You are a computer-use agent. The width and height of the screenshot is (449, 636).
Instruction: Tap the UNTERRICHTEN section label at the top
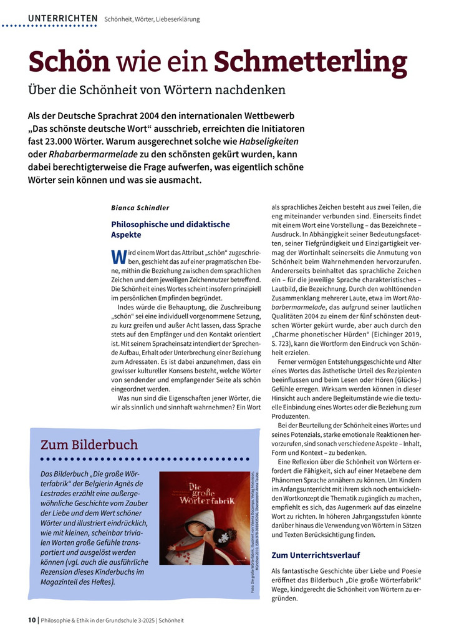(62, 19)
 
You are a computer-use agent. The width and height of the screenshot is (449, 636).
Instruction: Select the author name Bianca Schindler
(140, 207)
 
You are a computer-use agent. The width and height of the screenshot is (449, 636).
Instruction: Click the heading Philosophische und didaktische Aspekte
(170, 229)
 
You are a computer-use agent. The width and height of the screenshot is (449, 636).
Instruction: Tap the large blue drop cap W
(118, 257)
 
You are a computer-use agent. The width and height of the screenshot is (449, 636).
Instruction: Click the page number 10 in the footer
(32, 620)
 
